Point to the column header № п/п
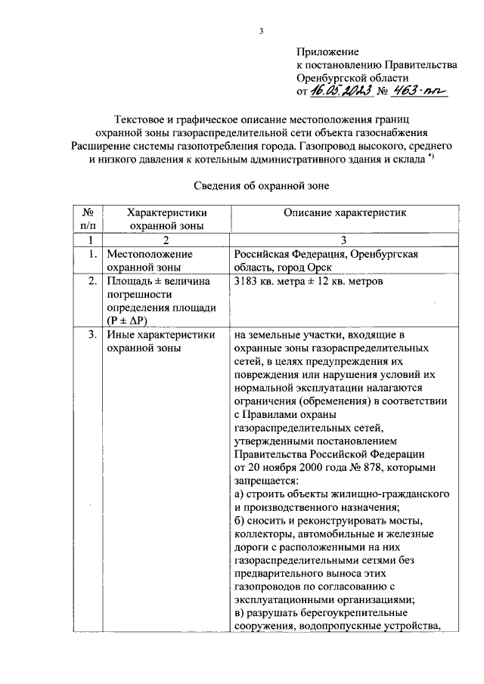point(88,219)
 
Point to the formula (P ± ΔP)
point(132,320)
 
